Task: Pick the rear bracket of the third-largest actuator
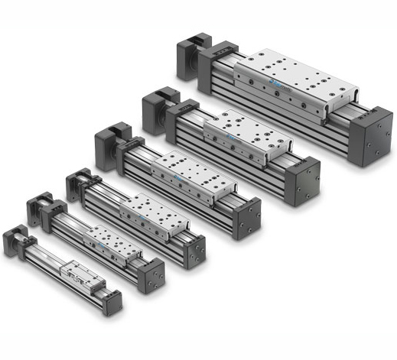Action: (x=109, y=146)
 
